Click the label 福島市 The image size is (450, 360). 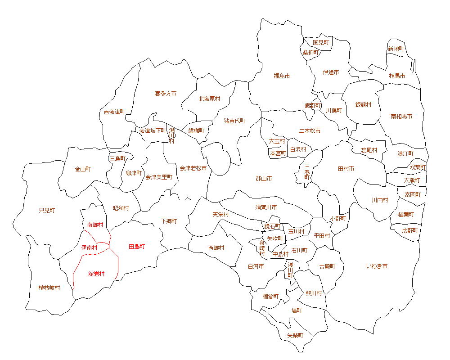pos(282,76)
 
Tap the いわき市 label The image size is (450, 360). pos(377,266)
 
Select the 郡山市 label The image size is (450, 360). pos(264,179)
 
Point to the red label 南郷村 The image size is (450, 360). pos(95,225)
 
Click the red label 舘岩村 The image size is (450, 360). pos(97,274)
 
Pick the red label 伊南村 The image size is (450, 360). pos(89,247)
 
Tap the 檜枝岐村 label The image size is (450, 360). pos(49,288)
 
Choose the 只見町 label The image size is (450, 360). pos(47,210)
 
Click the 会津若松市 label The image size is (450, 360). pos(193,168)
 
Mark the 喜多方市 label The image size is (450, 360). pos(166,94)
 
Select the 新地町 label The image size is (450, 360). pos(396,49)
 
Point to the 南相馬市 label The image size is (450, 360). pos(401,116)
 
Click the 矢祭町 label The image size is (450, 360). pos(295,336)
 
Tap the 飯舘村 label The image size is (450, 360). pos(364,105)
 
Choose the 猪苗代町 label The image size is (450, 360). pos(235,121)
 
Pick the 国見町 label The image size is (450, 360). pos(321,42)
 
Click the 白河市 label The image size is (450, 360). pos(256,266)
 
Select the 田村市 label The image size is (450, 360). pos(346,169)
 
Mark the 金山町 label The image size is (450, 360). pos(83,170)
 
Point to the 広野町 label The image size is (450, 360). pos(410,230)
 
